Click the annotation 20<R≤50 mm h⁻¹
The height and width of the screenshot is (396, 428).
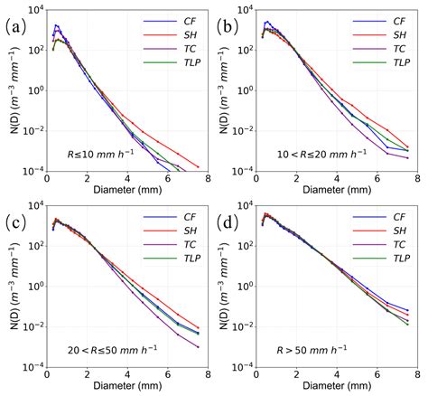pos(103,348)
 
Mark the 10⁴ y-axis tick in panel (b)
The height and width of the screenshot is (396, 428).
pos(245,10)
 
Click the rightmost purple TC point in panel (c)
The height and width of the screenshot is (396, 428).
pos(199,347)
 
